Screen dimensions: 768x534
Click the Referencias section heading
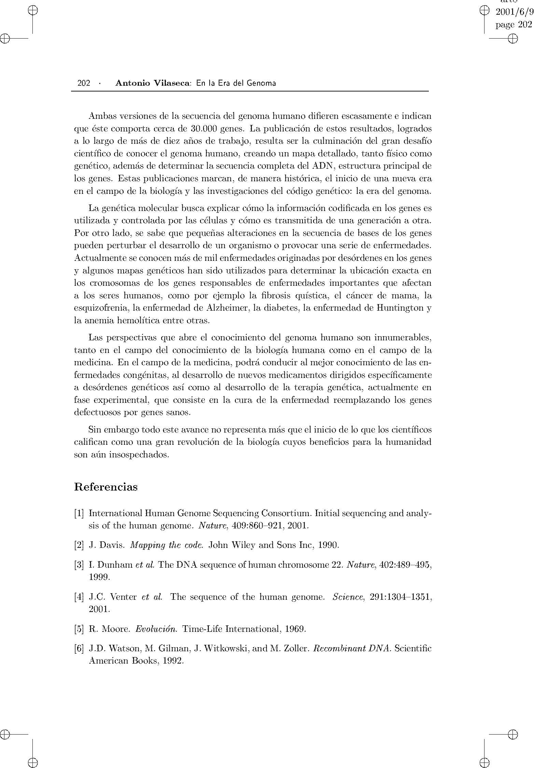(106, 487)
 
